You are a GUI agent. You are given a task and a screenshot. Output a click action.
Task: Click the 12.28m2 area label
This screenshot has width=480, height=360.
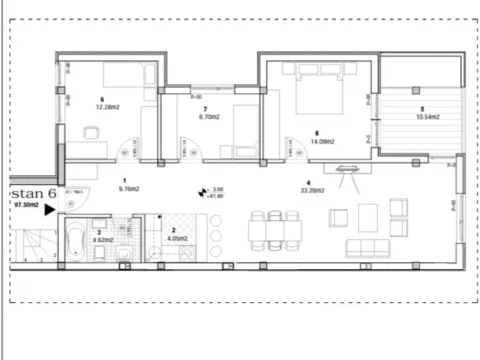click(x=102, y=107)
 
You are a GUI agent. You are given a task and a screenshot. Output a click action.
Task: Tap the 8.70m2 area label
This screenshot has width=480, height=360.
click(x=210, y=117)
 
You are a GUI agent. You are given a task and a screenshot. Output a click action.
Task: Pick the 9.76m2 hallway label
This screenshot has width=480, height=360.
click(x=127, y=188)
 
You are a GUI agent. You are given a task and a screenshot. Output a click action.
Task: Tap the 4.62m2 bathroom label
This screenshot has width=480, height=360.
click(x=99, y=241)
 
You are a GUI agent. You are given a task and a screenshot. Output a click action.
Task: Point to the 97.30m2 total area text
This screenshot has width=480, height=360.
click(x=26, y=205)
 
